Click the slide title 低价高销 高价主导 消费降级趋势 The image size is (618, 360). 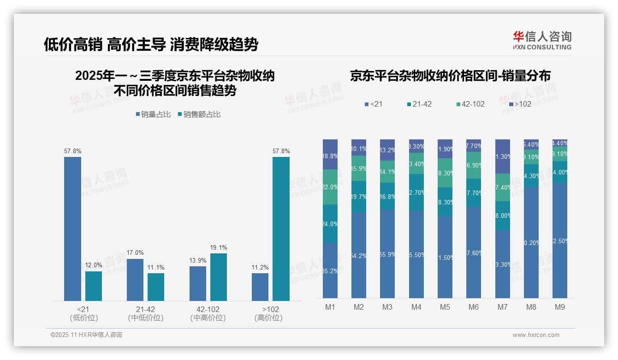[151, 44]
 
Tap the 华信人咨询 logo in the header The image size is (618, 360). [542, 40]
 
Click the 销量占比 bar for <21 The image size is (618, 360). [72, 229]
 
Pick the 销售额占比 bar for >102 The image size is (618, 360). [281, 229]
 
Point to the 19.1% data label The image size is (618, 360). [218, 247]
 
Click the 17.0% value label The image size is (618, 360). [135, 253]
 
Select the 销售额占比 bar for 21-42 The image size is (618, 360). [156, 287]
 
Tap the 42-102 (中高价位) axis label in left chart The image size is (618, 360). [208, 313]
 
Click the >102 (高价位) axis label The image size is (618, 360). [268, 313]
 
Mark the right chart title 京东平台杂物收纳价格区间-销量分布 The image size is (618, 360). [450, 76]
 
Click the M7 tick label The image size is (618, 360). [503, 307]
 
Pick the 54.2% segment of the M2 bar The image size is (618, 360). [359, 255]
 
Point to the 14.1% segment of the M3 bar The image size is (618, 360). [387, 172]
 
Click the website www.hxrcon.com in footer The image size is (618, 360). [536, 335]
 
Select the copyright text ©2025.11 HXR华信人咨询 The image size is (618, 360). [86, 335]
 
